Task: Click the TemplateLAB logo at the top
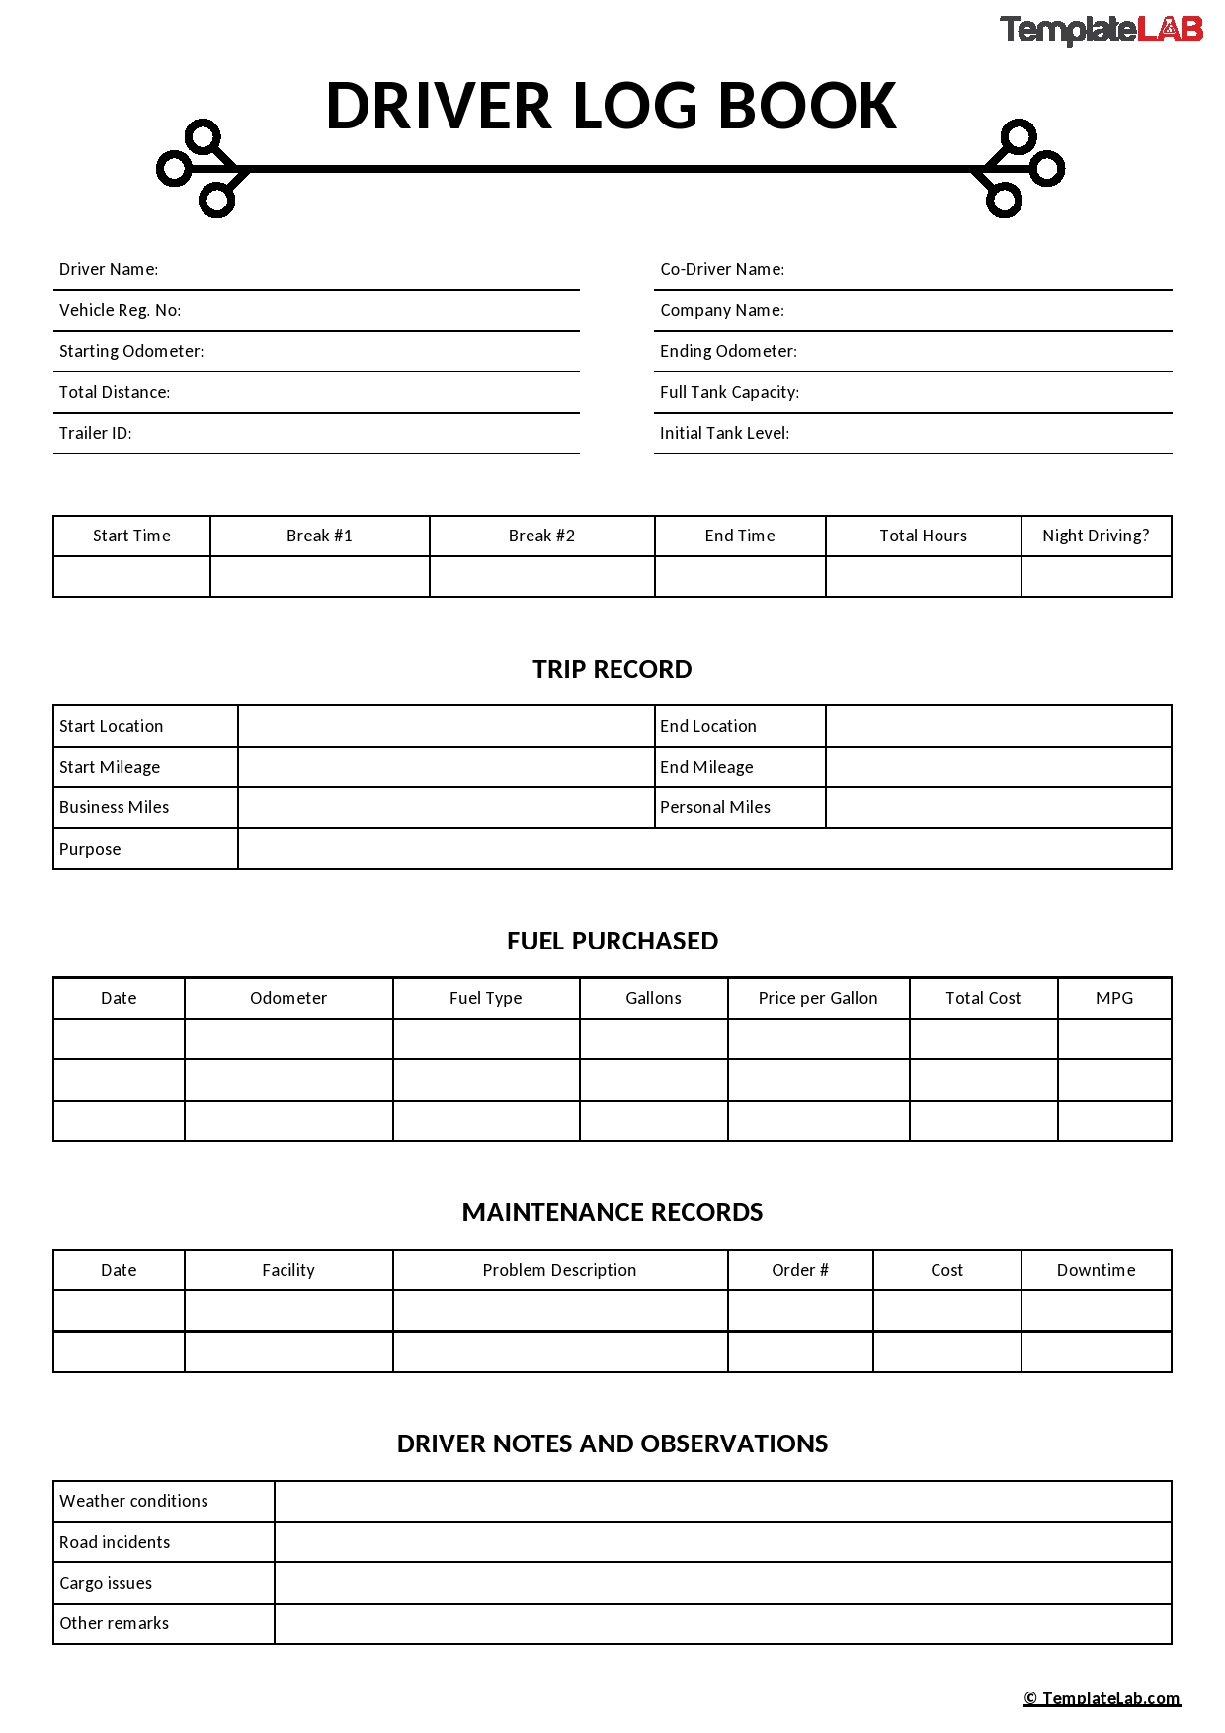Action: (1101, 30)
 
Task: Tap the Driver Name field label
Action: (109, 269)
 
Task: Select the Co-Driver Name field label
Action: (722, 269)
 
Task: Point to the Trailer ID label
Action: (95, 433)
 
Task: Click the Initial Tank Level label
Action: (724, 433)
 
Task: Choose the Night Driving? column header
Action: (1096, 536)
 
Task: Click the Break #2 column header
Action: (541, 536)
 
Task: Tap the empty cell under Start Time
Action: (131, 576)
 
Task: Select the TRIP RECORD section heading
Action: (612, 669)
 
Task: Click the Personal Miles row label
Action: (715, 807)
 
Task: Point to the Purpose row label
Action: (90, 849)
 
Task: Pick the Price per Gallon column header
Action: (818, 998)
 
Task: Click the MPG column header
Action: (1114, 998)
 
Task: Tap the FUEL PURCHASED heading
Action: (612, 941)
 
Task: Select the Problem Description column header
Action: (559, 1270)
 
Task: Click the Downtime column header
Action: (1096, 1270)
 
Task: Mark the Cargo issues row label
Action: (106, 1583)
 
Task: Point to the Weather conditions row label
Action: (133, 1501)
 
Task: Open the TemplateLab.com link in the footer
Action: (1102, 1698)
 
